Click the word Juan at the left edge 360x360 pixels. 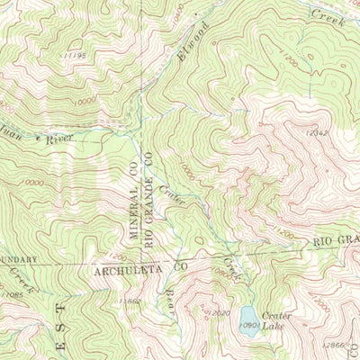[x=12, y=139]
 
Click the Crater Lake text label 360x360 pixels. [x=273, y=320]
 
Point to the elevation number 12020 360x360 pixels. [x=220, y=312]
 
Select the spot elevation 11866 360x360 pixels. [x=130, y=301]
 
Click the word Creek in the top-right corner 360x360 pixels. [x=328, y=14]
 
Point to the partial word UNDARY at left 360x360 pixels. [x=18, y=259]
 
